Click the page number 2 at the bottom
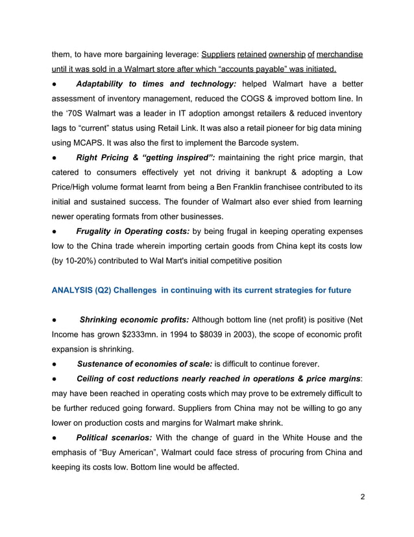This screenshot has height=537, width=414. (x=362, y=497)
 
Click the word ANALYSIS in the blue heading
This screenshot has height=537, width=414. (x=71, y=291)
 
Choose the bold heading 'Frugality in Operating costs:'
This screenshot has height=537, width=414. (x=133, y=231)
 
